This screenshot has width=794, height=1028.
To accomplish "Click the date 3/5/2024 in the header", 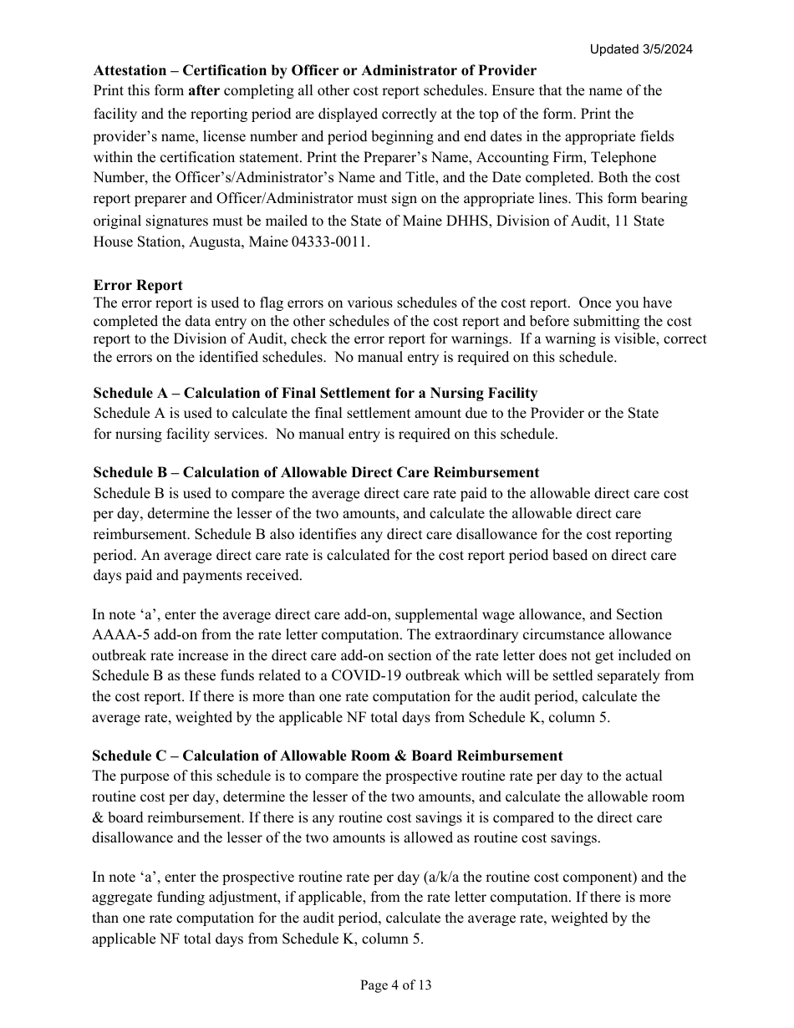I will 664,49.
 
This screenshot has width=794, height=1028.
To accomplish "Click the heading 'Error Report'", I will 138,286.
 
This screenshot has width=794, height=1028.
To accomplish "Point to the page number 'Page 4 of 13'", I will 396,985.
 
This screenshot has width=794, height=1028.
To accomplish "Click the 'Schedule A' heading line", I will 315,393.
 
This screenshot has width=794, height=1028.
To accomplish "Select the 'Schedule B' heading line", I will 316,473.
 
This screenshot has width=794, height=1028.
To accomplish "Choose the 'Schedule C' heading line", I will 328,756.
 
